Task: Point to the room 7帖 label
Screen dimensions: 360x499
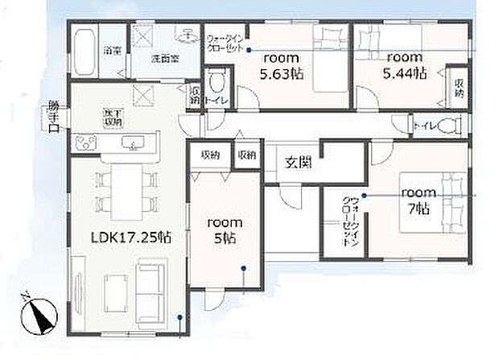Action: (419, 200)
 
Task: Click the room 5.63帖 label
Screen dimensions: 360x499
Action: (281, 64)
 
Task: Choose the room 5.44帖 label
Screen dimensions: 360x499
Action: (406, 64)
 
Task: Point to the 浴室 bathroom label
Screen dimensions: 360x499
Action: (111, 51)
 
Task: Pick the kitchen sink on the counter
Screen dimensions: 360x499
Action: (132, 143)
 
